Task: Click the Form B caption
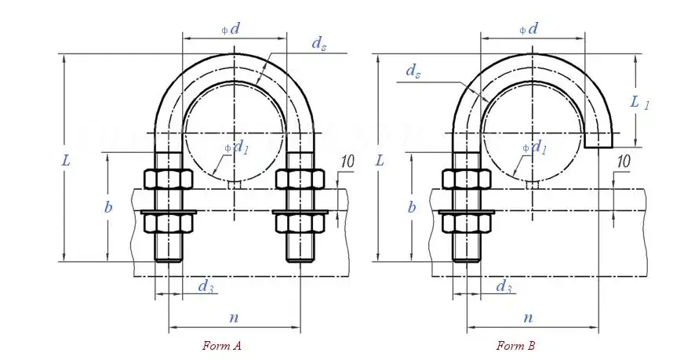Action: pyautogui.click(x=515, y=345)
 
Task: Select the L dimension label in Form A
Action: pyautogui.click(x=67, y=160)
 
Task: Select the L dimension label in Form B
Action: pyautogui.click(x=380, y=160)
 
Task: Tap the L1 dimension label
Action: pyautogui.click(x=640, y=101)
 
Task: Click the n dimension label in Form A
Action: pyautogui.click(x=233, y=318)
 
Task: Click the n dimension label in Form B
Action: pyautogui.click(x=528, y=318)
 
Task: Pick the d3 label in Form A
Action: pyautogui.click(x=206, y=287)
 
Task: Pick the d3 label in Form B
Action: pyautogui.click(x=504, y=287)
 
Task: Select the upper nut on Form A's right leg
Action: pyautogui.click(x=300, y=180)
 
